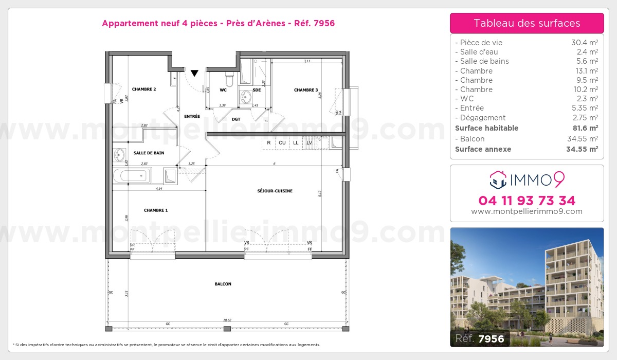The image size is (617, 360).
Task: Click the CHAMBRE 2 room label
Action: coord(143,89)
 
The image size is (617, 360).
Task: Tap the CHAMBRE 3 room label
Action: coord(306,90)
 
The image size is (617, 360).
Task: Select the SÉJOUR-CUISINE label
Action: coord(275,191)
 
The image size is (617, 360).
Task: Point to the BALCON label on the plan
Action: coord(223,284)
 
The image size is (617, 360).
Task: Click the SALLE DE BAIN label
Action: coord(149,153)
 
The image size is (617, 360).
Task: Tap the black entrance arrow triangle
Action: coord(194,74)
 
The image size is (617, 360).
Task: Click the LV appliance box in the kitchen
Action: coord(309,142)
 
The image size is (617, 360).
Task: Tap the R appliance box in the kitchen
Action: coord(268,142)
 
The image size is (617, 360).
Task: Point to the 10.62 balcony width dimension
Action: coord(227,320)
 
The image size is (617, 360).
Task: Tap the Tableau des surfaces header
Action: coord(527,23)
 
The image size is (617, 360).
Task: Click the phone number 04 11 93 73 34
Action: coord(527,201)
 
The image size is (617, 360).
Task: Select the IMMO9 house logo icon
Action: coord(497,179)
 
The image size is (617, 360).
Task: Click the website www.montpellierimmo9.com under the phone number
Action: coord(527,211)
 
